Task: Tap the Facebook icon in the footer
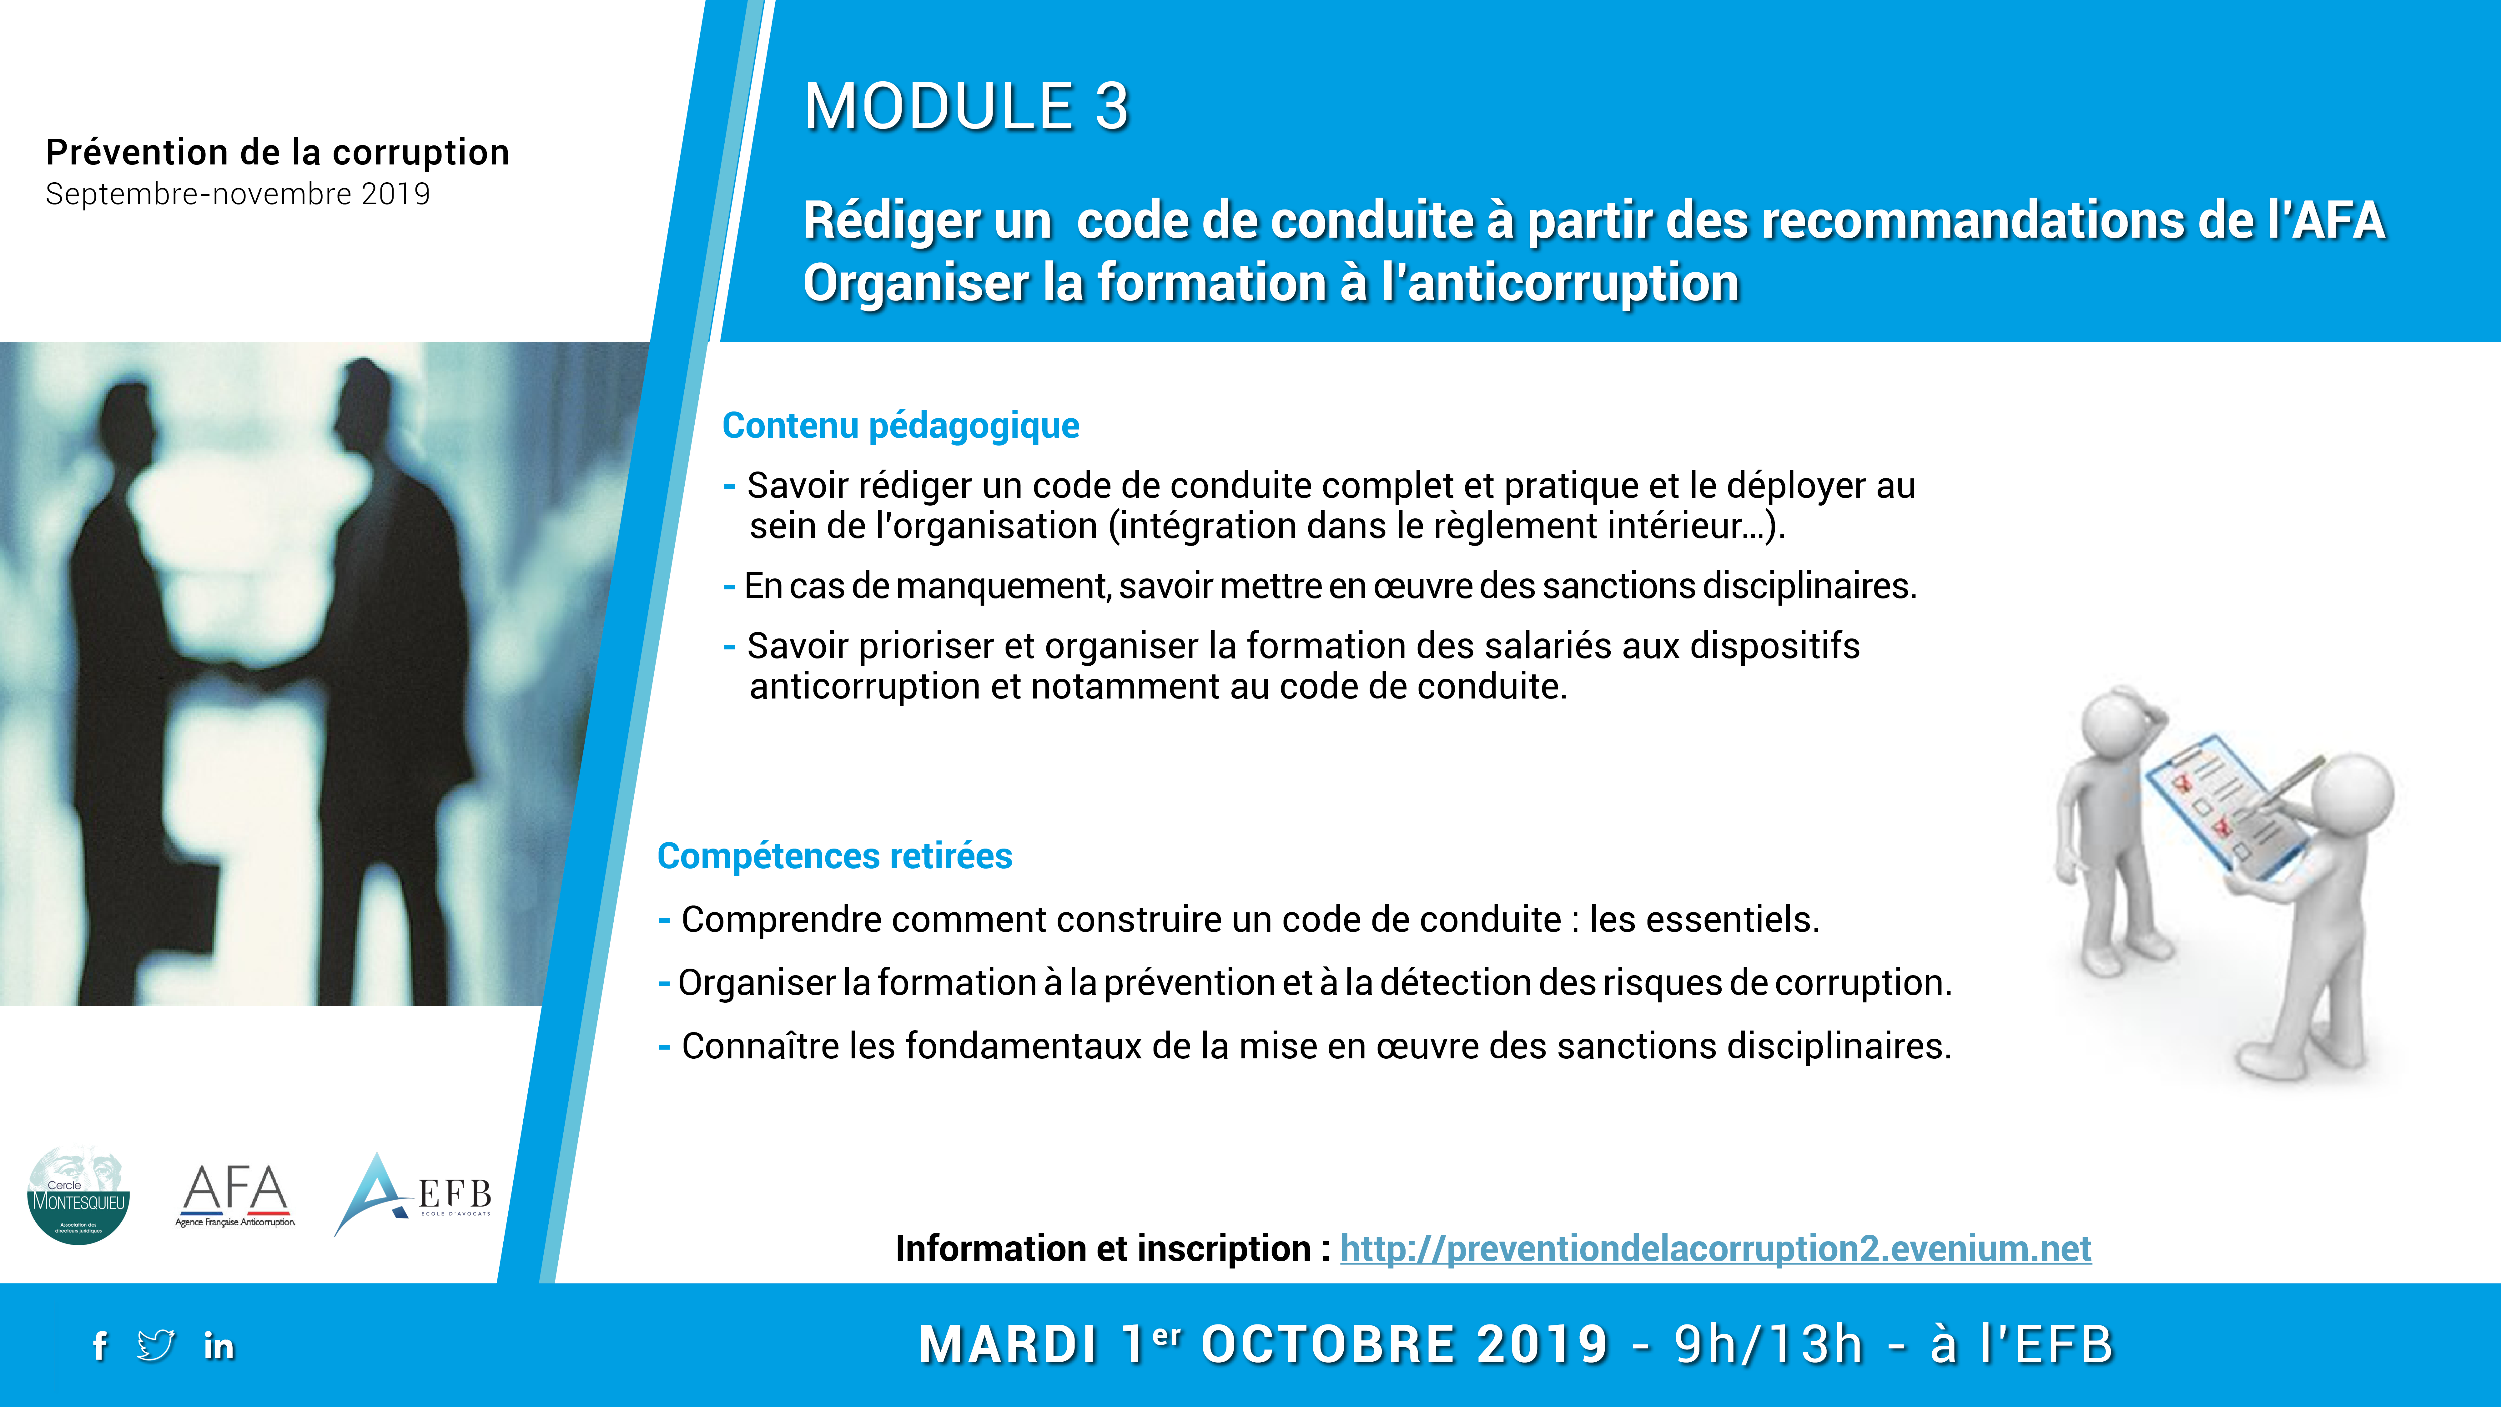[x=99, y=1346]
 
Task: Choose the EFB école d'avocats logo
[x=413, y=1194]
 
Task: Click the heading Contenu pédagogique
[x=900, y=425]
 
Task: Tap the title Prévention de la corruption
[x=278, y=153]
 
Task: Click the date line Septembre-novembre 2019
[x=238, y=194]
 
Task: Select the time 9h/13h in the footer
[x=1769, y=1345]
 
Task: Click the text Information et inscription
[x=1103, y=1249]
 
